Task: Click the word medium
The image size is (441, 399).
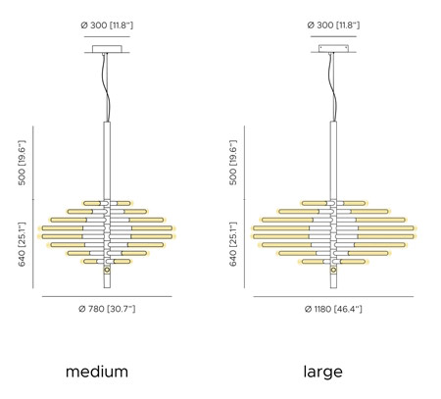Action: pos(97,372)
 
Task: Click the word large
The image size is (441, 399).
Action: pos(323,373)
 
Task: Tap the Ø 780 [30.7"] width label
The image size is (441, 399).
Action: pos(107,309)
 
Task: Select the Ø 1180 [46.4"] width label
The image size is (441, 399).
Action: pos(333,309)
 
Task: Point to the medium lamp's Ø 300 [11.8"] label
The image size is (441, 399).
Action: pos(107,25)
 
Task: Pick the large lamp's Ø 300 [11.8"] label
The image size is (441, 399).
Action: pos(333,25)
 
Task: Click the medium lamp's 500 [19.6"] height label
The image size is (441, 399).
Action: pos(22,163)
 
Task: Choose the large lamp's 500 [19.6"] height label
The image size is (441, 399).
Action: pos(233,163)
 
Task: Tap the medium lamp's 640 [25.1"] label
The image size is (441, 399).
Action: pos(22,244)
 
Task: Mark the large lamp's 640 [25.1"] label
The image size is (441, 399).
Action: pos(233,244)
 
